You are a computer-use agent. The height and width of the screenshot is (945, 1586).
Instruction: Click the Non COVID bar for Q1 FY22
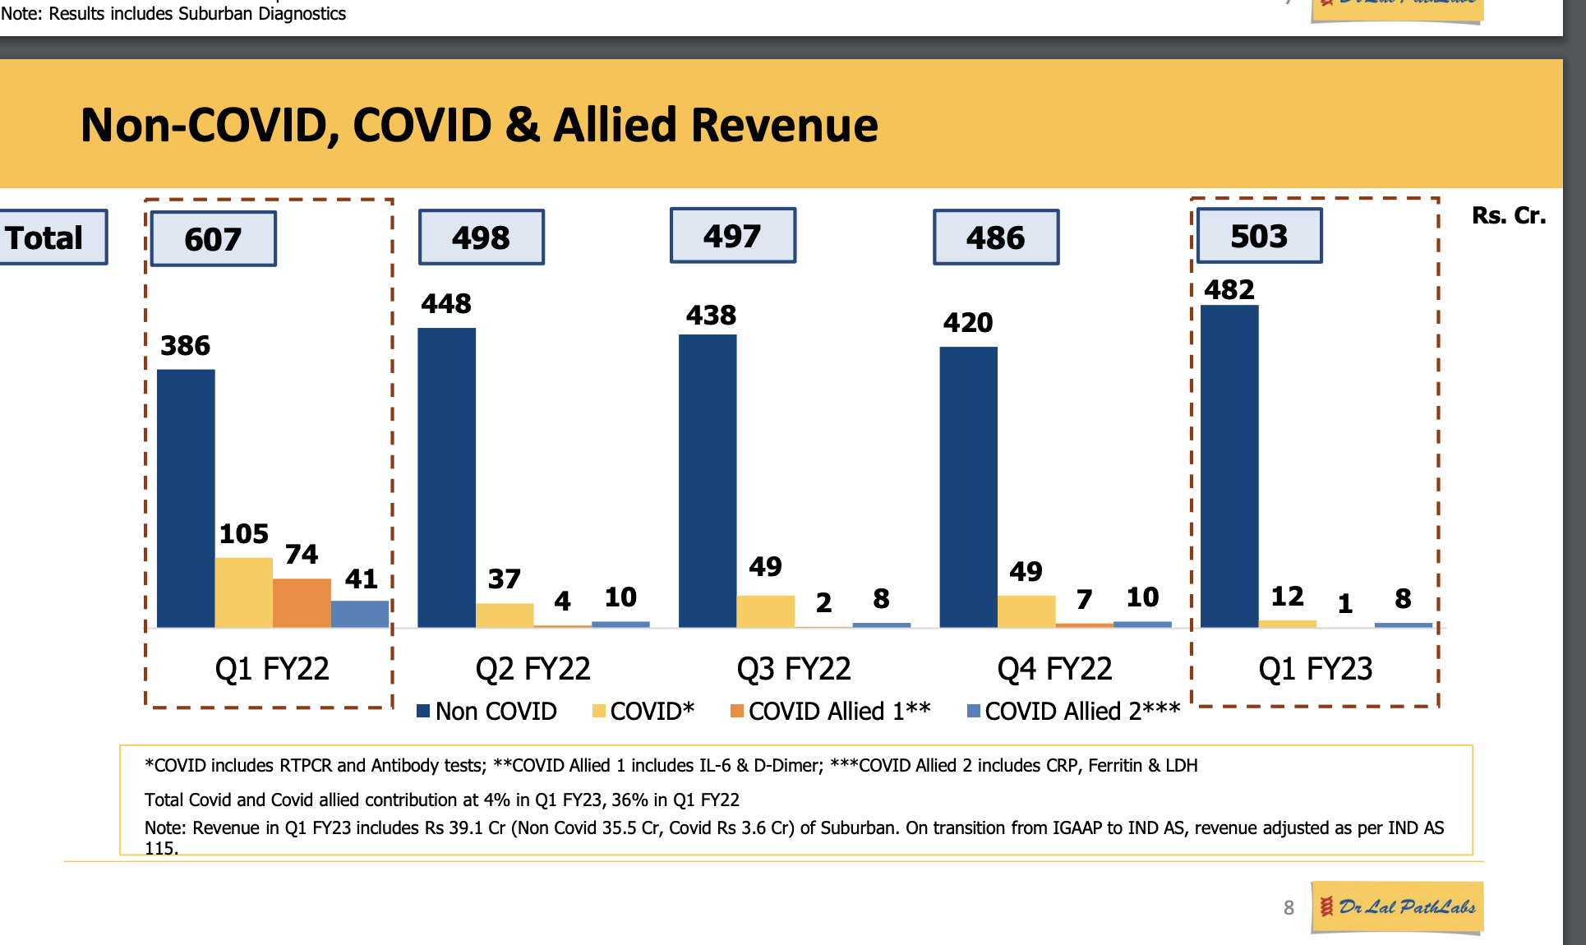click(x=186, y=498)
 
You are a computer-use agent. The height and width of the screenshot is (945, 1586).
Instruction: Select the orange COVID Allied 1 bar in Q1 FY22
click(x=302, y=603)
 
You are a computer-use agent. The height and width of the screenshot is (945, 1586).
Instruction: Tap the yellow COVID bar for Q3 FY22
click(x=765, y=611)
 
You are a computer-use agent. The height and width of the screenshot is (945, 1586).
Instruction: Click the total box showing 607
click(x=214, y=239)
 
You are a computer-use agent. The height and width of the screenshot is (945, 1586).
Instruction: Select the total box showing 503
click(x=1259, y=237)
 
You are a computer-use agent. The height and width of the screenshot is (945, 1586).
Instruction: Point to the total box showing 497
click(x=732, y=237)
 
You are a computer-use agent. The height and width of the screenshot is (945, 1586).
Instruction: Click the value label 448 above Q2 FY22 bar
click(x=446, y=304)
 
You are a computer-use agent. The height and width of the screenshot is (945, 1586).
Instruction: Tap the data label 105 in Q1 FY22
click(x=244, y=534)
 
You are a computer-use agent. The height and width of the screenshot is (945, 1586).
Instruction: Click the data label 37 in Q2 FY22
click(x=505, y=579)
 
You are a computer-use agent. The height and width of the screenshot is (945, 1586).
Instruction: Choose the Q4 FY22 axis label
click(x=1054, y=669)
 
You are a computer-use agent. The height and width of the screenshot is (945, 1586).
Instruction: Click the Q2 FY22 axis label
click(x=533, y=669)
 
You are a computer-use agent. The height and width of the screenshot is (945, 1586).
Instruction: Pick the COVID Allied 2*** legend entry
click(x=1074, y=712)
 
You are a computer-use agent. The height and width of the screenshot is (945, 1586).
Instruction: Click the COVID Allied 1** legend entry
click(x=831, y=712)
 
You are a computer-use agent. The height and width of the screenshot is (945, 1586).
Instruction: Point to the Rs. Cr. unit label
click(x=1509, y=215)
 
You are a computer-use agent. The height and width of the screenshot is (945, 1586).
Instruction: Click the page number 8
click(x=1289, y=908)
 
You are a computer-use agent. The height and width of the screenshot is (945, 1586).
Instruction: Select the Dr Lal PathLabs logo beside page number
click(x=1397, y=907)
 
